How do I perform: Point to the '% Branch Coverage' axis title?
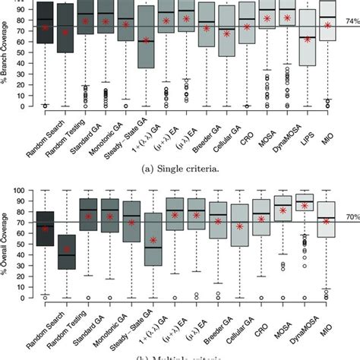(6, 53)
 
